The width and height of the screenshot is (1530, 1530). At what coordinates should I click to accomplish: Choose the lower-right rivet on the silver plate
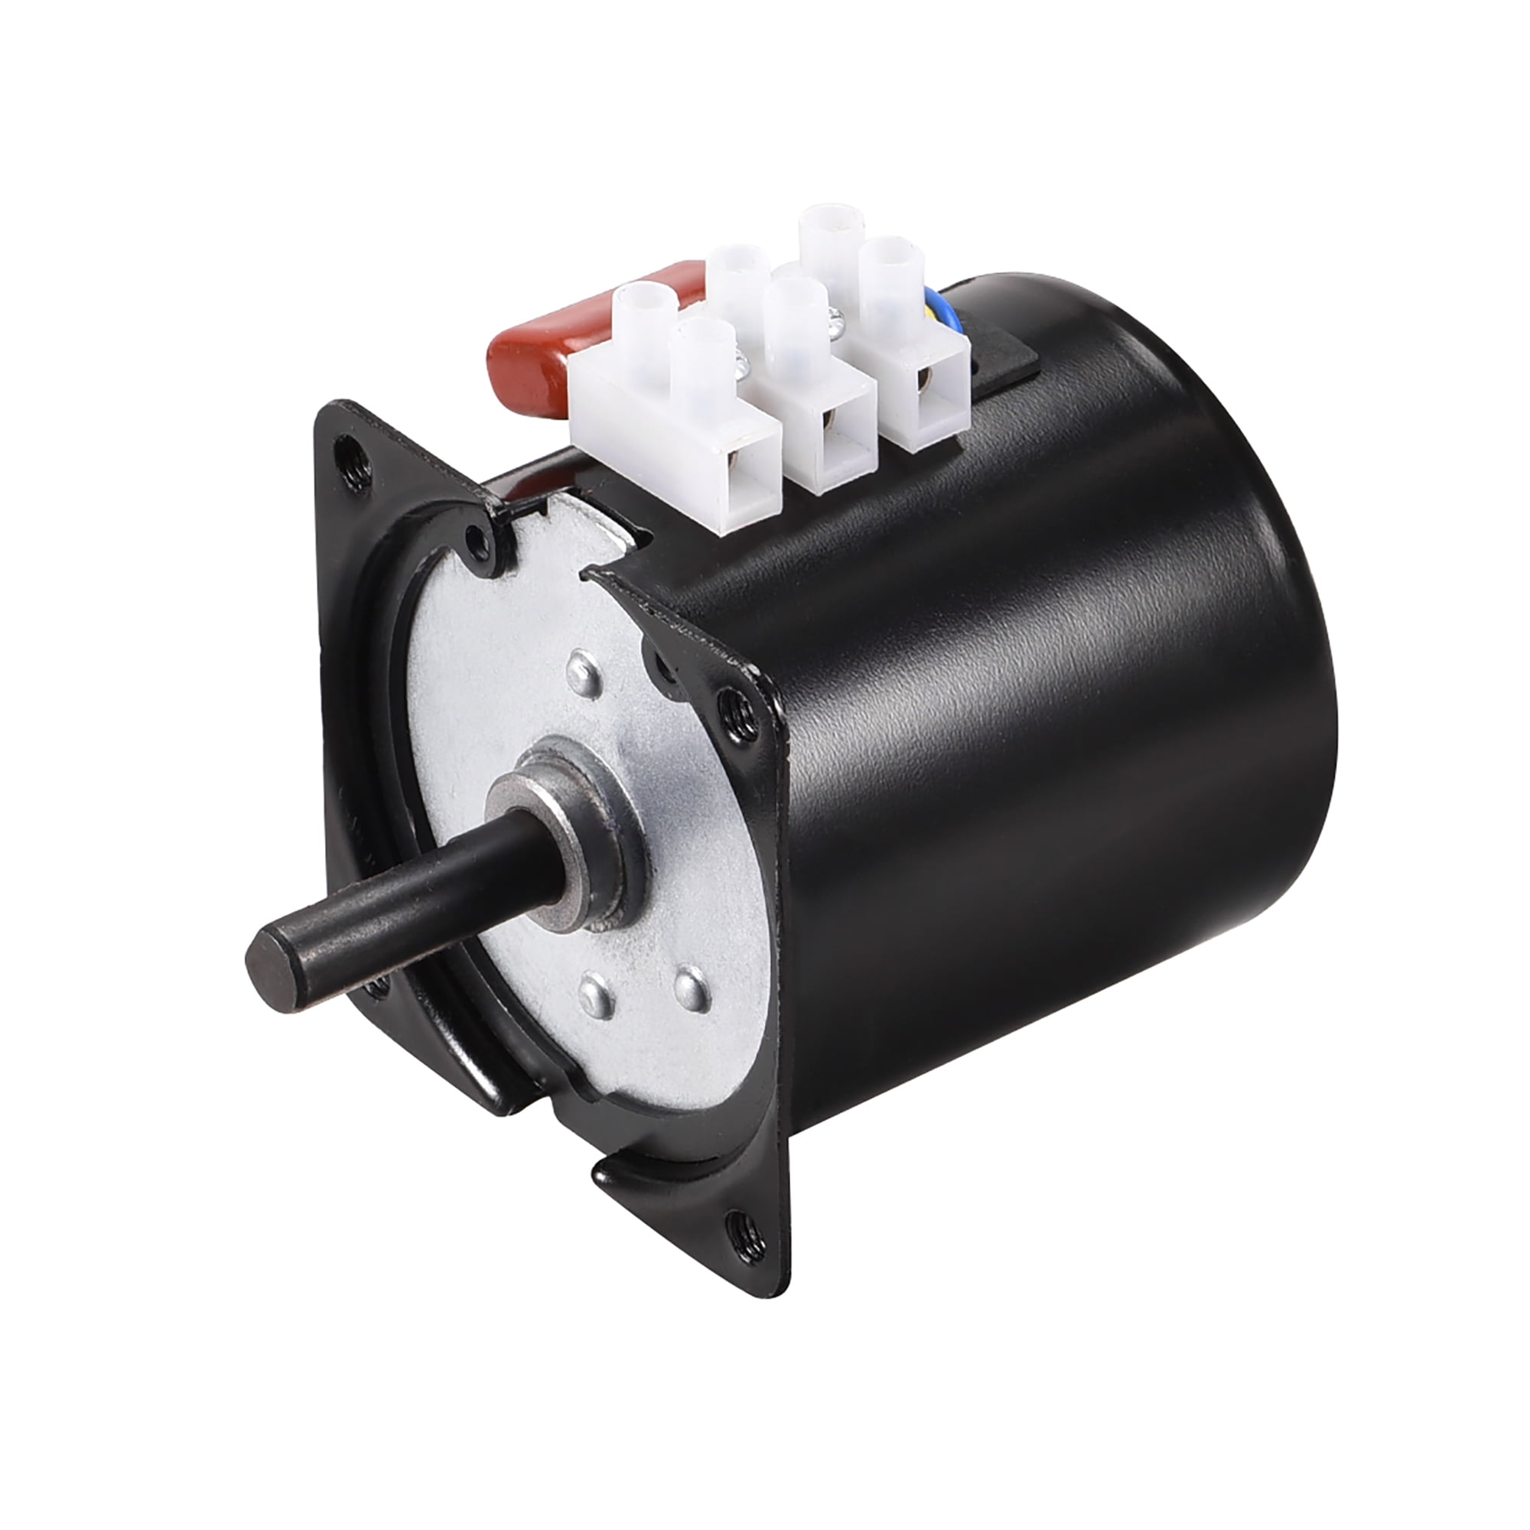click(691, 985)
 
